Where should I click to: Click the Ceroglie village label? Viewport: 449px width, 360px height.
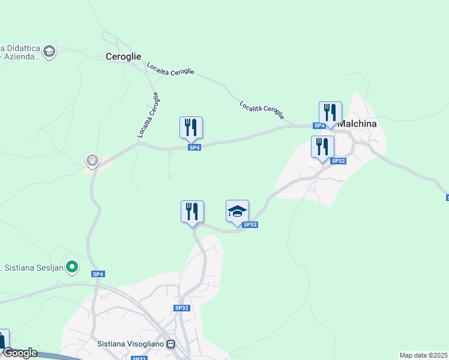pyautogui.click(x=123, y=57)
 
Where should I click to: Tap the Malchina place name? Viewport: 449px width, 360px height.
pyautogui.click(x=358, y=124)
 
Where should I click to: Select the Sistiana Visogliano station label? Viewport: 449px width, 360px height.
pyautogui.click(x=131, y=344)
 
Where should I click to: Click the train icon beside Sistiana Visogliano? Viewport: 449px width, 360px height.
pyautogui.click(x=171, y=344)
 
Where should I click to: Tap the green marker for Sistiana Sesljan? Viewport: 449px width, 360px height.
pyautogui.click(x=72, y=266)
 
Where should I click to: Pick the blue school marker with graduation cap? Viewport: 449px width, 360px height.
pyautogui.click(x=237, y=211)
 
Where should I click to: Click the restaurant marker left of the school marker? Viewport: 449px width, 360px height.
pyautogui.click(x=192, y=212)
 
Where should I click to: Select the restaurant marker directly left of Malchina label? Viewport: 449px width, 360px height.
pyautogui.click(x=330, y=113)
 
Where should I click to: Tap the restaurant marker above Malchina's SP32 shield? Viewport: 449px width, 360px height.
pyautogui.click(x=322, y=147)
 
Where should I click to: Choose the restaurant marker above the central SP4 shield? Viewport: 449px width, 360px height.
pyautogui.click(x=191, y=128)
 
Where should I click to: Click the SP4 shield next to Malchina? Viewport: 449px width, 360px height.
pyautogui.click(x=319, y=125)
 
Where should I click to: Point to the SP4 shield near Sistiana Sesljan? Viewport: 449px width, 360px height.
pyautogui.click(x=98, y=274)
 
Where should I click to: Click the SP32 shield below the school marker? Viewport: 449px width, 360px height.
pyautogui.click(x=250, y=224)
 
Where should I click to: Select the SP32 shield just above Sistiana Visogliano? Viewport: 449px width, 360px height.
pyautogui.click(x=181, y=308)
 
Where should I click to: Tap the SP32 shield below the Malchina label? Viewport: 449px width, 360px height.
pyautogui.click(x=339, y=161)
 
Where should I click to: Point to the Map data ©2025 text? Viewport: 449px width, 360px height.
pyautogui.click(x=424, y=355)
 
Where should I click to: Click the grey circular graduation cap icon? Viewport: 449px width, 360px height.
pyautogui.click(x=49, y=52)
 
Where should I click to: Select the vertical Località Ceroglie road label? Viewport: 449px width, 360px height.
pyautogui.click(x=148, y=115)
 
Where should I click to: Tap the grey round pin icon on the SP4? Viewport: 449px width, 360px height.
pyautogui.click(x=92, y=160)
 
